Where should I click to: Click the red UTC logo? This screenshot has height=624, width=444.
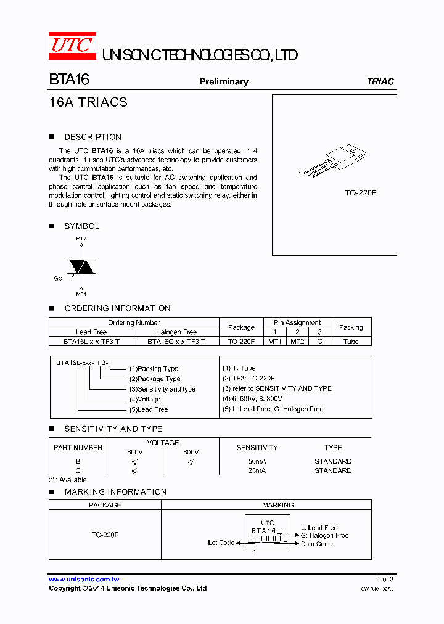(x=72, y=46)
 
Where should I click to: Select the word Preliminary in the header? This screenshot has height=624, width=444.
(x=224, y=81)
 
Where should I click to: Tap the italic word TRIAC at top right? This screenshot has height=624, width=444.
(x=380, y=81)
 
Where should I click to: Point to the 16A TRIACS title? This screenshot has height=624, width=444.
(x=88, y=102)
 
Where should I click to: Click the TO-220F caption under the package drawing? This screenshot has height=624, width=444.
(x=360, y=193)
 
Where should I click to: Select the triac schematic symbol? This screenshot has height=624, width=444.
(x=81, y=266)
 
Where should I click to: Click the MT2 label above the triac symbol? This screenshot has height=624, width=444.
(x=81, y=238)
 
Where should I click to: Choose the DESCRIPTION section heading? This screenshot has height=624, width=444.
(x=92, y=137)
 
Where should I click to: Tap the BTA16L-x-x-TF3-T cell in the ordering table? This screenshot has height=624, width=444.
(x=91, y=341)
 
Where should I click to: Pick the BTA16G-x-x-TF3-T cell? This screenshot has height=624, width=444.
(x=176, y=341)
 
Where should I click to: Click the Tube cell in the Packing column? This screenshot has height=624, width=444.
(x=351, y=341)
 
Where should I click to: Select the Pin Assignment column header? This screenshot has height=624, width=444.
(x=297, y=322)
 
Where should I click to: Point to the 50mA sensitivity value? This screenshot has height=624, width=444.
(x=257, y=461)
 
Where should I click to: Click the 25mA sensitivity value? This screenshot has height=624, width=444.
(x=257, y=470)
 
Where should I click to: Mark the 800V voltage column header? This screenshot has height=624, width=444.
(x=191, y=452)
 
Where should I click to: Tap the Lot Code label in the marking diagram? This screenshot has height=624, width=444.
(x=221, y=543)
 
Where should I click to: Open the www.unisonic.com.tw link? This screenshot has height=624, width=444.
(x=84, y=580)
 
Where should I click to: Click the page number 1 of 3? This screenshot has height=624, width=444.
(x=385, y=579)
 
